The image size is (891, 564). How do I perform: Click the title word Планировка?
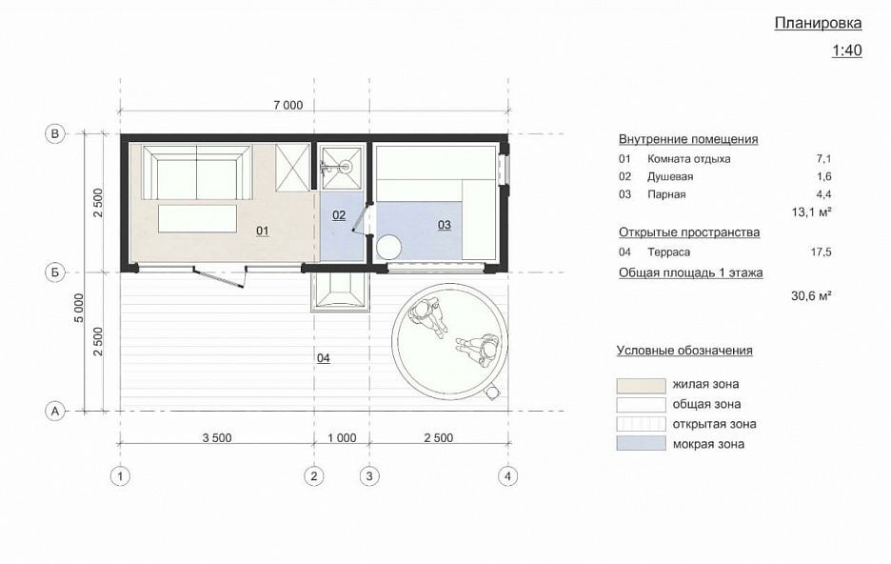(x=819, y=23)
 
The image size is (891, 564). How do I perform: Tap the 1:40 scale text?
(x=846, y=50)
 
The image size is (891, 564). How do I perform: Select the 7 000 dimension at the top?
(x=288, y=105)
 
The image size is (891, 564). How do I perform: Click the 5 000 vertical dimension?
(x=79, y=308)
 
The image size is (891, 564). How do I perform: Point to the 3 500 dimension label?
(x=217, y=438)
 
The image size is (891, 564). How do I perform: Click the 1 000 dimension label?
(x=342, y=438)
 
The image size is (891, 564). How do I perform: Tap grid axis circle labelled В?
(x=55, y=134)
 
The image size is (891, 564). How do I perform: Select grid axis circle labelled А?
(x=55, y=411)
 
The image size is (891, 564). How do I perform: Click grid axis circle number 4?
(x=507, y=476)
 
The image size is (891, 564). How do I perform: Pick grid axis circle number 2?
(x=314, y=476)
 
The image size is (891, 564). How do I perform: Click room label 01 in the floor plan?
(x=262, y=231)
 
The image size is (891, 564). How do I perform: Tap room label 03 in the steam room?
(x=445, y=225)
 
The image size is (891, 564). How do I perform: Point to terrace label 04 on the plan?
(x=324, y=358)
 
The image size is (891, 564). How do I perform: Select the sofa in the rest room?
(x=197, y=172)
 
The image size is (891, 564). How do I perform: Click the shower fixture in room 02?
(x=341, y=168)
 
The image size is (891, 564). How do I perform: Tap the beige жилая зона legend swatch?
(x=641, y=386)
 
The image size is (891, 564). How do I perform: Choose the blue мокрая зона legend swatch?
(x=641, y=443)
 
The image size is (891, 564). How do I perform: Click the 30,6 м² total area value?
(x=811, y=295)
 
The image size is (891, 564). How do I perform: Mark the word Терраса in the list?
(x=669, y=252)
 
